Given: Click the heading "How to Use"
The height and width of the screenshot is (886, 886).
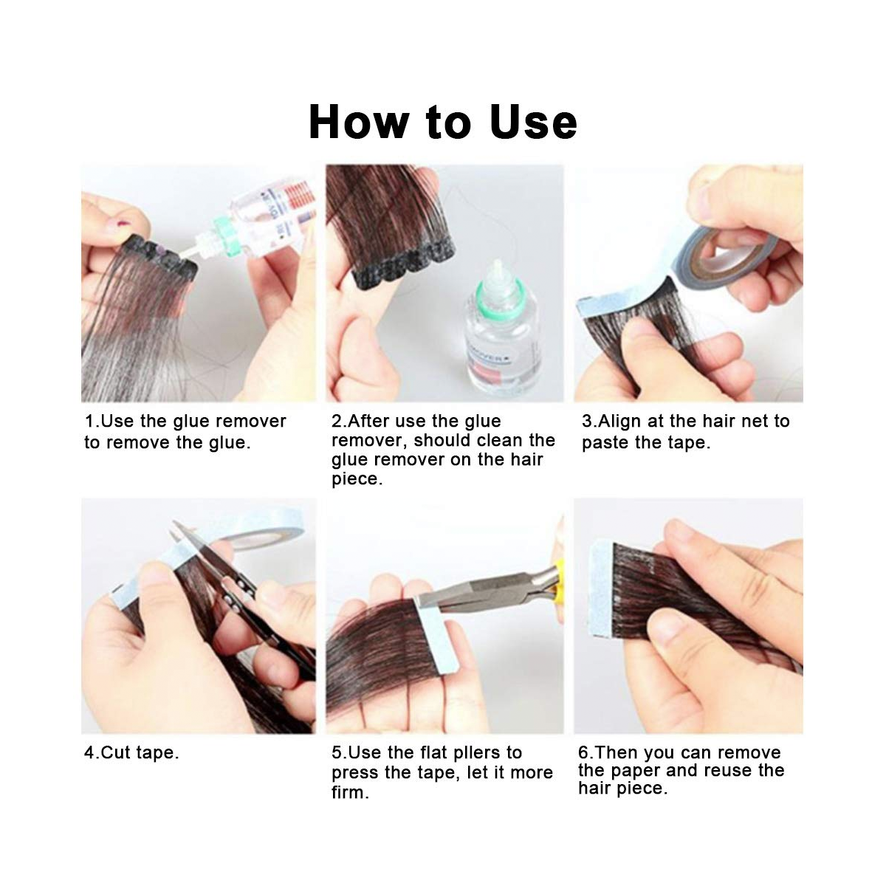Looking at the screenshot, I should pyautogui.click(x=442, y=123).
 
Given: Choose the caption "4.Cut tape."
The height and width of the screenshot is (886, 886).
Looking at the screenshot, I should pyautogui.click(x=131, y=753).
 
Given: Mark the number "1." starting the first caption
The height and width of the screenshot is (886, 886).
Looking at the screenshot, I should pyautogui.click(x=92, y=422).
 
